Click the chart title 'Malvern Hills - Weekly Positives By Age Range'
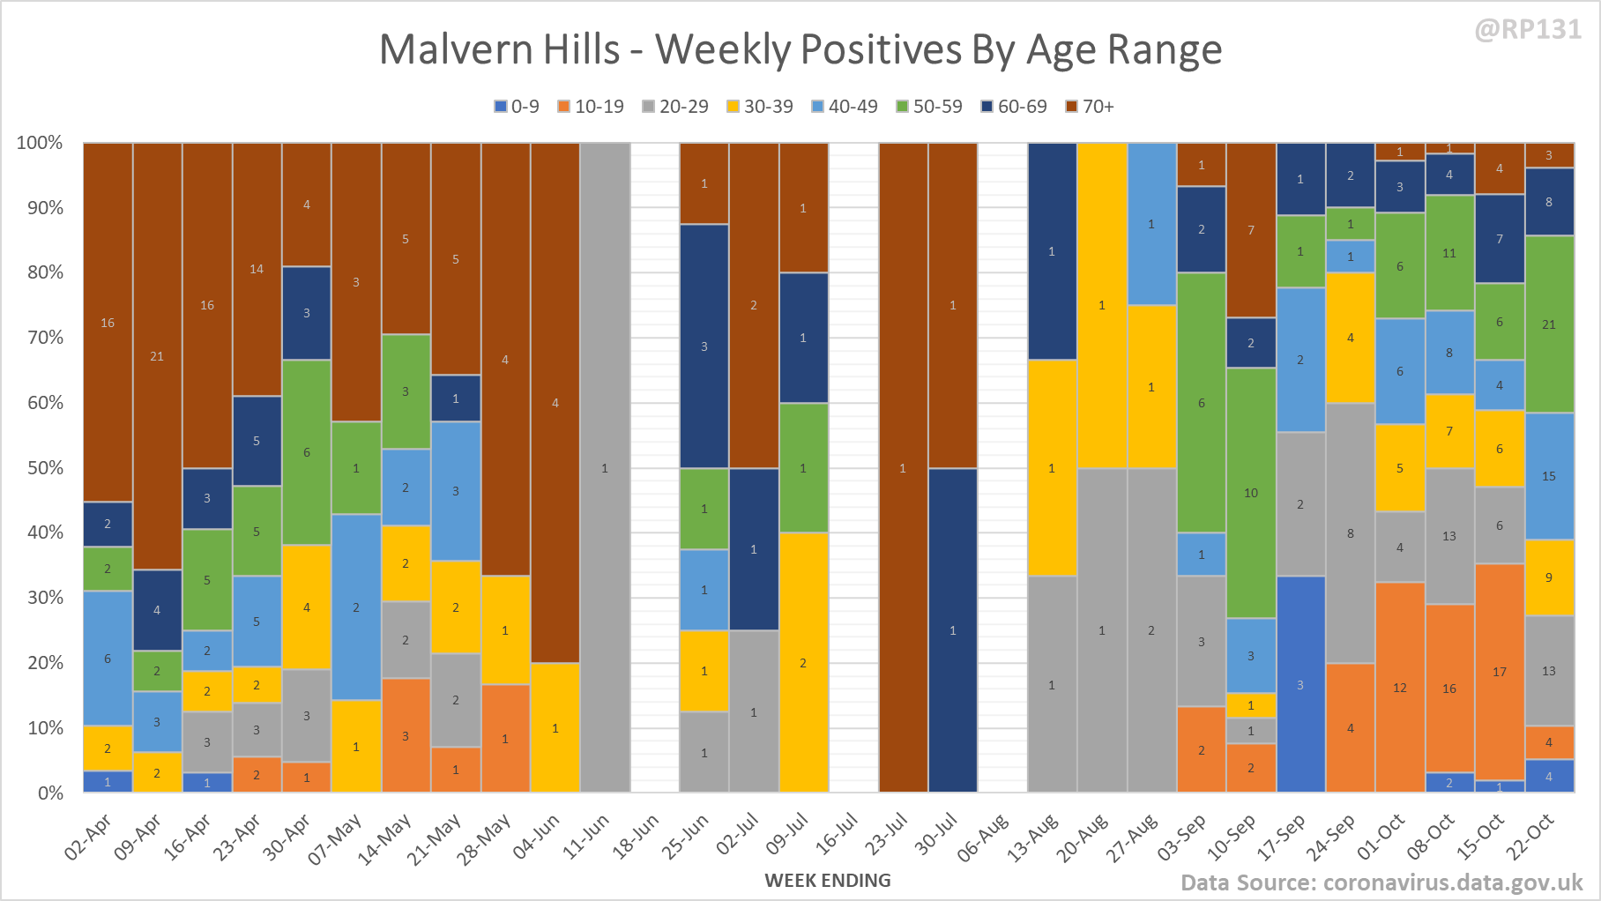point(800,49)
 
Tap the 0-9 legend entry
point(517,107)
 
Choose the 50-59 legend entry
point(929,107)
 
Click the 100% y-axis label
point(40,143)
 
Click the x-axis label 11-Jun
point(587,836)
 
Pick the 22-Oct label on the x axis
point(1530,836)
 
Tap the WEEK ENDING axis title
point(828,880)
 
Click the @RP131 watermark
point(1528,29)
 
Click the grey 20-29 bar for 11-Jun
point(605,467)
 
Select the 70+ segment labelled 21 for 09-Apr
point(157,356)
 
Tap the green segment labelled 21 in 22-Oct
point(1549,324)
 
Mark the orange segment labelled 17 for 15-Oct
point(1500,672)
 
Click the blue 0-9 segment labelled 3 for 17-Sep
point(1300,684)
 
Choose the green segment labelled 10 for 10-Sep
point(1251,493)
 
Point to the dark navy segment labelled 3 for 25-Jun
point(704,346)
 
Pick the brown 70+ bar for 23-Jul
point(903,467)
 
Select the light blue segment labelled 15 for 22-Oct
point(1549,476)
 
